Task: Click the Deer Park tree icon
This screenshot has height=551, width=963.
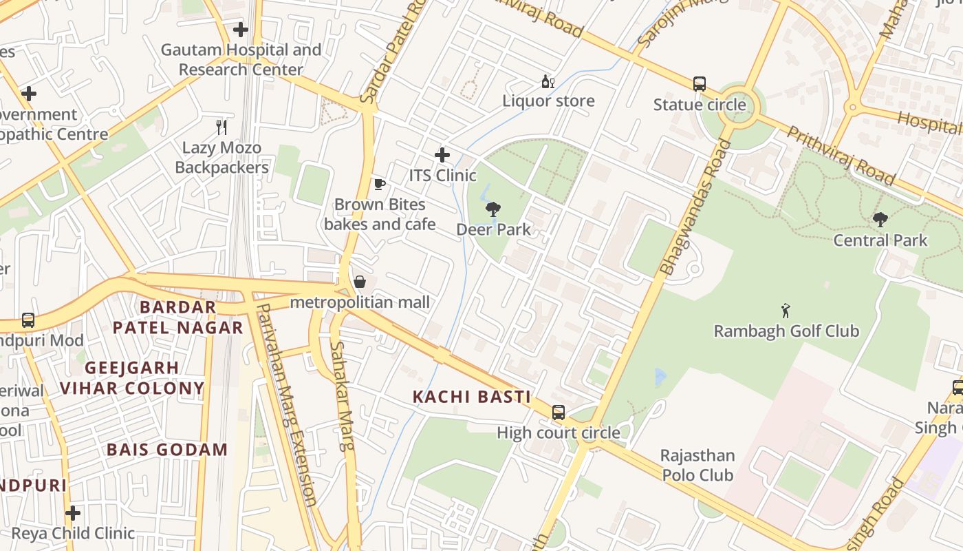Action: (493, 209)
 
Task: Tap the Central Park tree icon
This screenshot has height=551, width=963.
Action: (880, 220)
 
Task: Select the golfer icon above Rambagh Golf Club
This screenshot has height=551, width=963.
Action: (786, 311)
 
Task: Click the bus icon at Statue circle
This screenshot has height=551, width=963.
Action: (700, 84)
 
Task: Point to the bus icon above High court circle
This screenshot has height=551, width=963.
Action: (559, 413)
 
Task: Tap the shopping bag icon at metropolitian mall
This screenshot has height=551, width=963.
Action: (360, 282)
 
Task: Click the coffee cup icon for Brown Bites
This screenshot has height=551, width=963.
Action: (379, 184)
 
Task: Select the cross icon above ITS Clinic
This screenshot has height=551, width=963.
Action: (442, 155)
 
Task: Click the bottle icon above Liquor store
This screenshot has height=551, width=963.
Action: (548, 81)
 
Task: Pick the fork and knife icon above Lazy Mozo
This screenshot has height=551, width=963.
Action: (221, 127)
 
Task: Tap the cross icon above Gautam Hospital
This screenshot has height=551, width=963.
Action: (240, 30)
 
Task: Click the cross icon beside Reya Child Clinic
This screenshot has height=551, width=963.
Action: (73, 513)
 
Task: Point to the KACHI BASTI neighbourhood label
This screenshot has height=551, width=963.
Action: (471, 397)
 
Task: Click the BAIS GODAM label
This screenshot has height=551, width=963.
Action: (167, 450)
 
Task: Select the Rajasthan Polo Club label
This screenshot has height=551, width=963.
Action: (697, 465)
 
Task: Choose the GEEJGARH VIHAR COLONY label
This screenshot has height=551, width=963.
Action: (132, 377)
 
